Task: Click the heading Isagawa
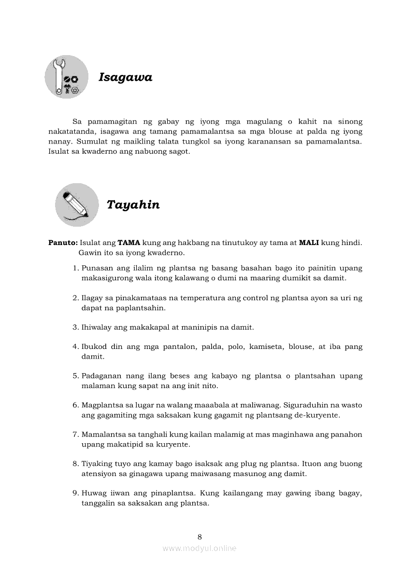(125, 77)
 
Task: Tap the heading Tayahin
(133, 205)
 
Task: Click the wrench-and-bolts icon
(67, 77)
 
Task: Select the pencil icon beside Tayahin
(77, 204)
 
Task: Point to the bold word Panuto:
(63, 243)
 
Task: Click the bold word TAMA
(128, 243)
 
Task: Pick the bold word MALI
(309, 243)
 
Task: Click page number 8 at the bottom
(199, 536)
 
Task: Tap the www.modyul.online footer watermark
(199, 549)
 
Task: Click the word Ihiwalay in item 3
(97, 327)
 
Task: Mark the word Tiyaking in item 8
(97, 464)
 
